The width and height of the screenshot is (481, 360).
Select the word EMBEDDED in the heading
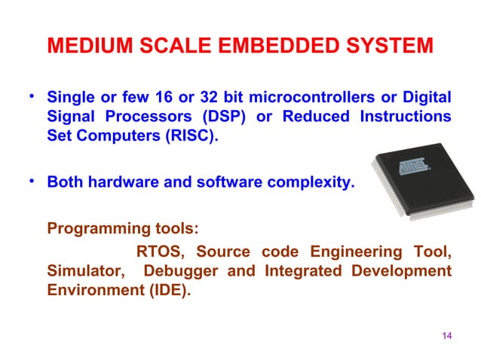pos(274,47)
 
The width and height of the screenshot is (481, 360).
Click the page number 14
pos(446,335)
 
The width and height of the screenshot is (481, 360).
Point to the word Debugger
pos(182,270)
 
